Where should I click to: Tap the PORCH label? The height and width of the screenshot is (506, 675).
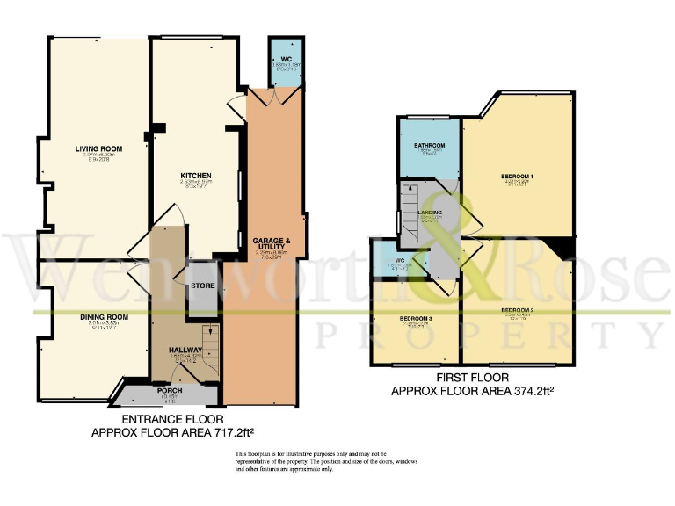point(169,391)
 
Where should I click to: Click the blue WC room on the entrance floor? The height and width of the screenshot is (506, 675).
point(285,61)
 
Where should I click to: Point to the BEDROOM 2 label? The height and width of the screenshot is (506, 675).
point(518,311)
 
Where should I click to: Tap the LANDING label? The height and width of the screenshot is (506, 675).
point(430,212)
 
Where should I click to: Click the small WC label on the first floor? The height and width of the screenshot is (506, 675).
point(386,261)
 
